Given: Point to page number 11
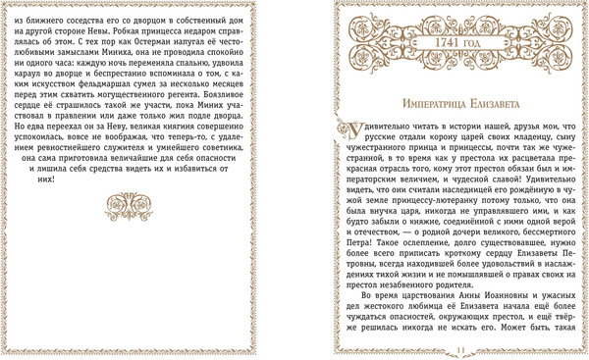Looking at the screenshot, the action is tap(458, 349).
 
